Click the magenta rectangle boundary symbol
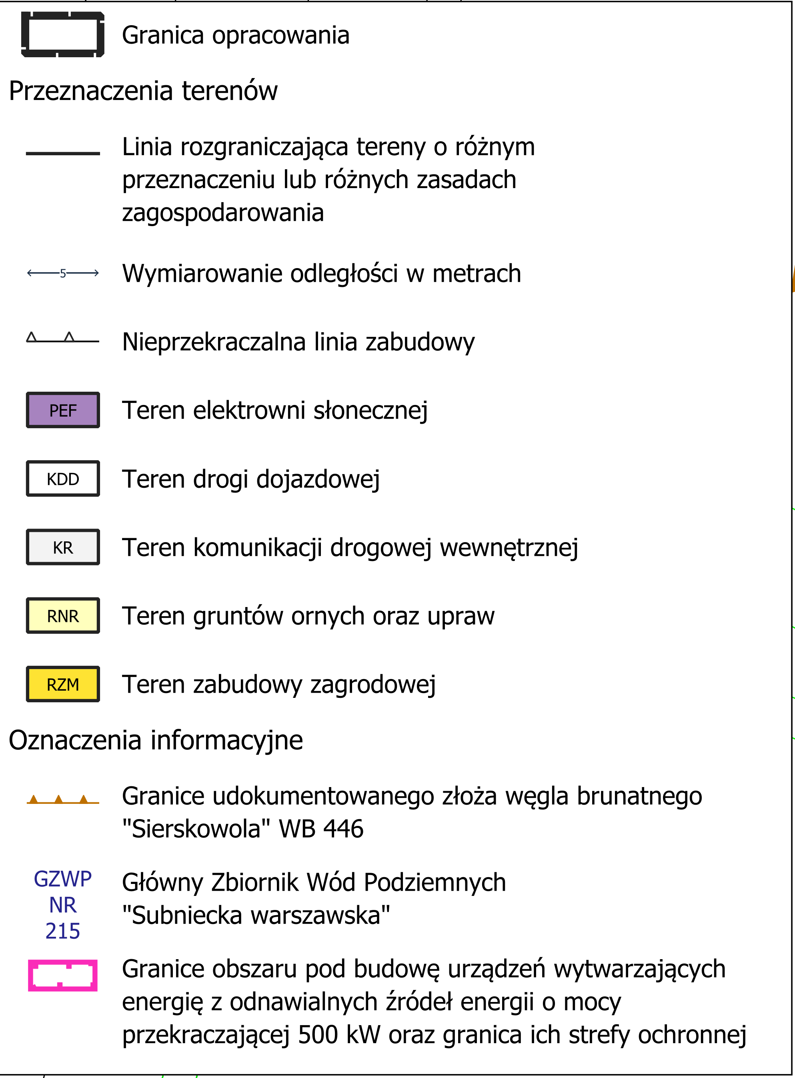62,975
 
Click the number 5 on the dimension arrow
62,273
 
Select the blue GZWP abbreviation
62,879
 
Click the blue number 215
62,931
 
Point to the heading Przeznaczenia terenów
143,91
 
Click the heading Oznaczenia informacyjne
156,740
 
